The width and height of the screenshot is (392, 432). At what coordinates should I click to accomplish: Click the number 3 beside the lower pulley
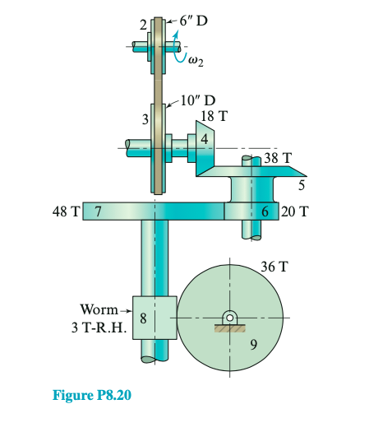(145, 120)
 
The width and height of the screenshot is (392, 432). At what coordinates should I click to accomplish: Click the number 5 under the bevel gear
(302, 184)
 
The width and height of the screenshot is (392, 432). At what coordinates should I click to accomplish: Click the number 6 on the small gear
(265, 211)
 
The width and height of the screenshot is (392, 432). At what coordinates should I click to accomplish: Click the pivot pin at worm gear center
(230, 318)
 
